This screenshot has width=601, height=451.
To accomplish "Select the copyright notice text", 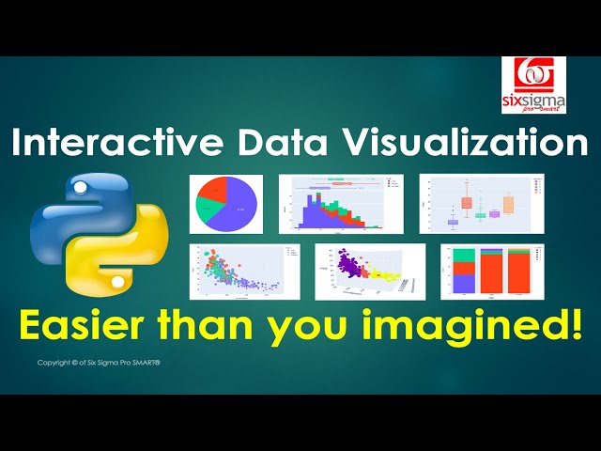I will (x=100, y=362).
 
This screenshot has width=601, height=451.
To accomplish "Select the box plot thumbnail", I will (x=481, y=203).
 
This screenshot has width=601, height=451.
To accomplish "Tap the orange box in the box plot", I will (x=509, y=205).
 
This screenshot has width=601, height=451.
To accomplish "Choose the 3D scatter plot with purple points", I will (x=369, y=271).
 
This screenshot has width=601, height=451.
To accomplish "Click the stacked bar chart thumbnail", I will (x=490, y=272).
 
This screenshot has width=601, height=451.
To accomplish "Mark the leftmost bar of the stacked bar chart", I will (x=464, y=273).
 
